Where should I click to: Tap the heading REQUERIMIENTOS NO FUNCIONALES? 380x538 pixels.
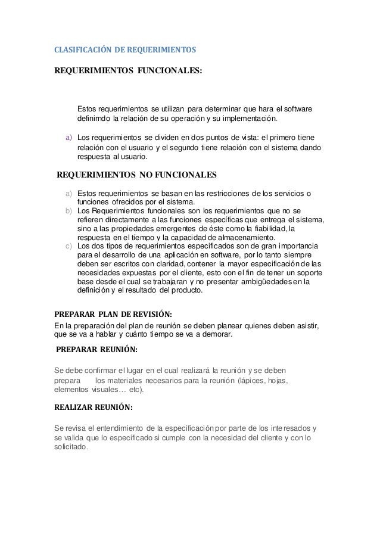click(136, 175)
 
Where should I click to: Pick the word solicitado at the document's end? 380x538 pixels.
click(70, 448)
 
